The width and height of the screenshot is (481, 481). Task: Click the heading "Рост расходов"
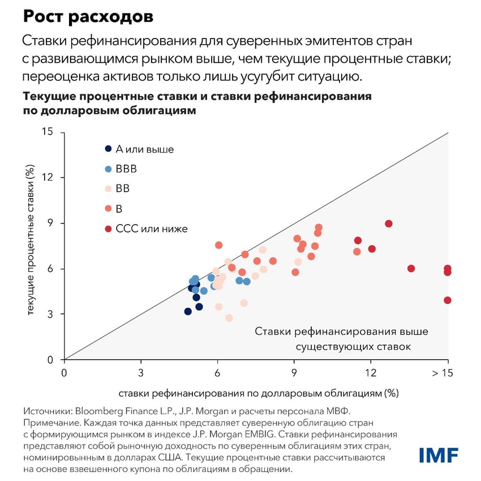[x=88, y=18]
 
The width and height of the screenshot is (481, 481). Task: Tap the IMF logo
[x=439, y=454]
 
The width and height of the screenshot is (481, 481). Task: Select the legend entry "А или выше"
[x=144, y=149]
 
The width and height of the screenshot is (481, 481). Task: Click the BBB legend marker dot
[x=108, y=169]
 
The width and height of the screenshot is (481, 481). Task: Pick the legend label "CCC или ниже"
[x=151, y=229]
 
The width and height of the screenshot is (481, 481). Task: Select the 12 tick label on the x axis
[x=371, y=373]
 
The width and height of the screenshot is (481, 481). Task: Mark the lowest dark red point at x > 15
[x=448, y=300]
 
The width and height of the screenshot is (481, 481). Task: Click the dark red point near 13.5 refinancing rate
[x=411, y=268]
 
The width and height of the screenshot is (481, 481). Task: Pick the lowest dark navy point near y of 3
[x=188, y=311]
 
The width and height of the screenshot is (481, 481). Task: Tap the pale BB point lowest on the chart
[x=229, y=318]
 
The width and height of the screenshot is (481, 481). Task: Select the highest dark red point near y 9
[x=389, y=224]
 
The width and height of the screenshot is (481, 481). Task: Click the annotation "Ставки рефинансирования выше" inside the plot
[x=341, y=331]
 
